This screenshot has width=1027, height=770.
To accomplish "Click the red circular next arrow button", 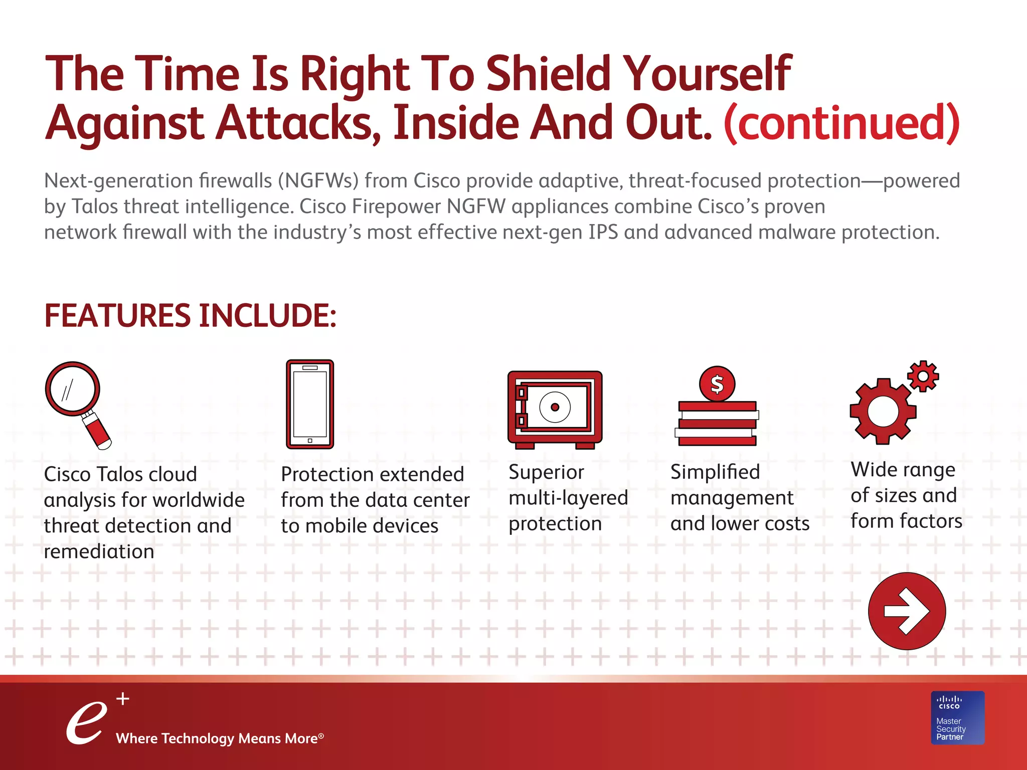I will coord(907,611).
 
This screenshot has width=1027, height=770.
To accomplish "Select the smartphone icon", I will coord(310,404).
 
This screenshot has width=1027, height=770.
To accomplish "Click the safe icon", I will coord(555,409).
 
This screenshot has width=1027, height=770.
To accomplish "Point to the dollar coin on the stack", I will coord(717,384).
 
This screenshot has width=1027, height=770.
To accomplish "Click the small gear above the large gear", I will coord(923,376).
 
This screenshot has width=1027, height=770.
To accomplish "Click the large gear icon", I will coord(883,411).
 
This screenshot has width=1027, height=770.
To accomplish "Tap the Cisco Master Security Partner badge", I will coord(958,717).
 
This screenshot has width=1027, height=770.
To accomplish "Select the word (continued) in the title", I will coord(841,123).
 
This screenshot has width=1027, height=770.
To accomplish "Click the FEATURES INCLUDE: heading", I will coord(190,316).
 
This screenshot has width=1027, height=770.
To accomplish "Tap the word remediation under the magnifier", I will coord(99,551).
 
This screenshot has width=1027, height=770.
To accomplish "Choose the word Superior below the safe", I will coord(546,472).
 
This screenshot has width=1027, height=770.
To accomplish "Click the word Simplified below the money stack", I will coord(715,472).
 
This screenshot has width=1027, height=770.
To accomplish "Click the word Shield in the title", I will coord(549,74).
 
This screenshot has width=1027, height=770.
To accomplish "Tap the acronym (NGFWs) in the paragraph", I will coord(318,180).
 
